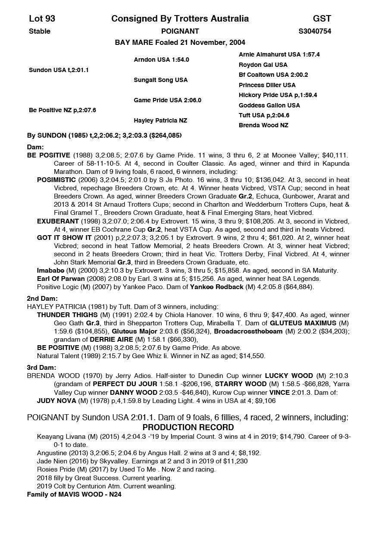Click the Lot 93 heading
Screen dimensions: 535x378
[42, 19]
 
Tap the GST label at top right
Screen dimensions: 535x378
[322, 19]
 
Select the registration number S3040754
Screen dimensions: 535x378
[315, 31]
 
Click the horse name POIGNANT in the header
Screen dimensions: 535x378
[180, 31]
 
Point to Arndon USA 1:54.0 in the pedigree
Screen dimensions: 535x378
[161, 60]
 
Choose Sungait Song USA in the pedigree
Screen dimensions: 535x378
[161, 80]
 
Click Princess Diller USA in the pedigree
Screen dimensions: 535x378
[267, 85]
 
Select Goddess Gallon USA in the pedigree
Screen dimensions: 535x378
[269, 105]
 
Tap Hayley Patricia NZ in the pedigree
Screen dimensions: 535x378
[160, 120]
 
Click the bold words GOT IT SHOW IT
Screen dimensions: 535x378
[64, 238]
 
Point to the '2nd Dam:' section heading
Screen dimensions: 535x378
[42, 298]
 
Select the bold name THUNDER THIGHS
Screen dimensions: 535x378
[67, 315]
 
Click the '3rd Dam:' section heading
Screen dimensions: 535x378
[42, 368]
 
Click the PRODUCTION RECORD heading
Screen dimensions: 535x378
[188, 428]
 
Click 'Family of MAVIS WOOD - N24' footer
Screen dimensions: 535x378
[74, 494]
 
